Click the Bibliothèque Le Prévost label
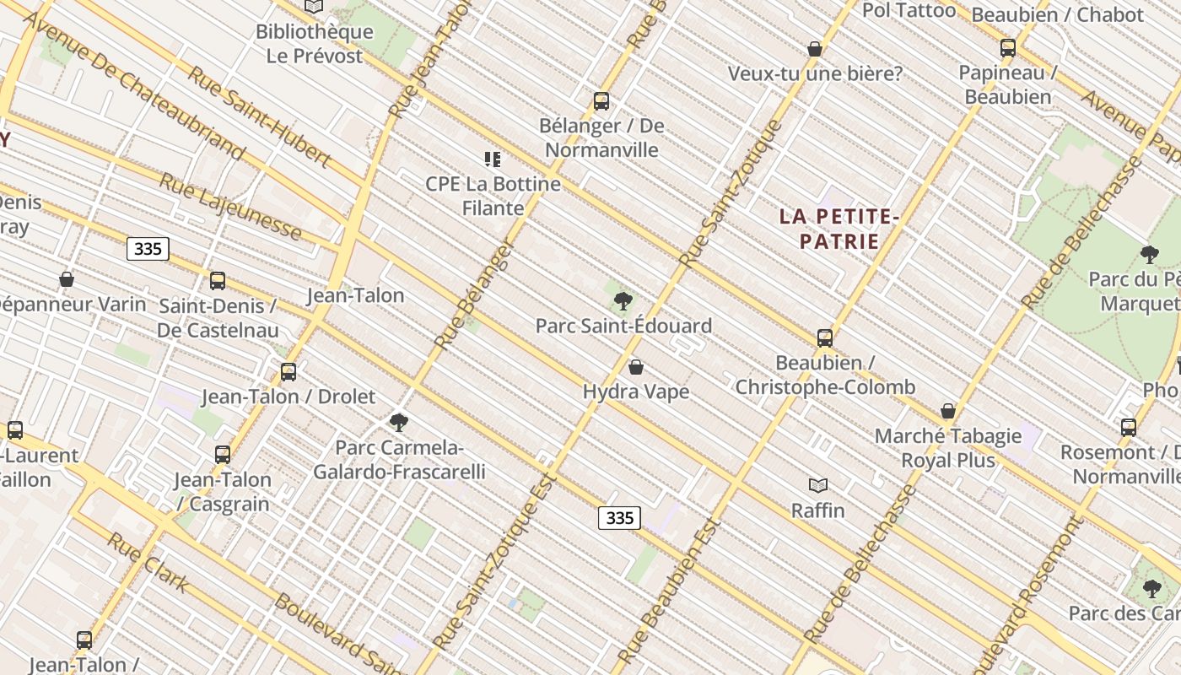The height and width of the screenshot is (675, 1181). tap(314, 44)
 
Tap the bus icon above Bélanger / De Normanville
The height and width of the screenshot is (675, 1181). tap(601, 101)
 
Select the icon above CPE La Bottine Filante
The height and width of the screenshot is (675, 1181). tap(493, 159)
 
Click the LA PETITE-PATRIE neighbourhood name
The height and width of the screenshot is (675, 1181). tap(839, 229)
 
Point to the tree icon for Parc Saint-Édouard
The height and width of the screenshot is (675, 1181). tap(623, 300)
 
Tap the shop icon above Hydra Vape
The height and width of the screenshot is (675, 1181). tap(636, 367)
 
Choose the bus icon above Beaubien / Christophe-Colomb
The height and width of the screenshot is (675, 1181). tap(825, 338)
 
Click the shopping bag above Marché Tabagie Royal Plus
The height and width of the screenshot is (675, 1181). tap(948, 411)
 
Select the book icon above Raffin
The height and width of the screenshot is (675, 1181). tap(818, 485)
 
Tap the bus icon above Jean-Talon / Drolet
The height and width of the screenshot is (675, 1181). tap(289, 371)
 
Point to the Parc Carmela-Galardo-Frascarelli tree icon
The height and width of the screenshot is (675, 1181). tap(399, 422)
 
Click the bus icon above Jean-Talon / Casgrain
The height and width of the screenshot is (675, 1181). tap(223, 455)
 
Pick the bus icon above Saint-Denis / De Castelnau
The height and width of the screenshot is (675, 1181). tap(218, 281)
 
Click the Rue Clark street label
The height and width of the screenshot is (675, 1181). tap(148, 562)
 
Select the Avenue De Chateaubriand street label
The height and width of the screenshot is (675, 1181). tap(134, 86)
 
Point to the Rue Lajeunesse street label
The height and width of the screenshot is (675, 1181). tap(230, 207)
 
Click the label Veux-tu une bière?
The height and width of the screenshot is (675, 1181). tap(815, 74)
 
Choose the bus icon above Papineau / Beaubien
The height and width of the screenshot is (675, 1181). tap(1007, 48)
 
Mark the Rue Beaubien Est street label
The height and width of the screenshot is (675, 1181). tap(667, 591)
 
